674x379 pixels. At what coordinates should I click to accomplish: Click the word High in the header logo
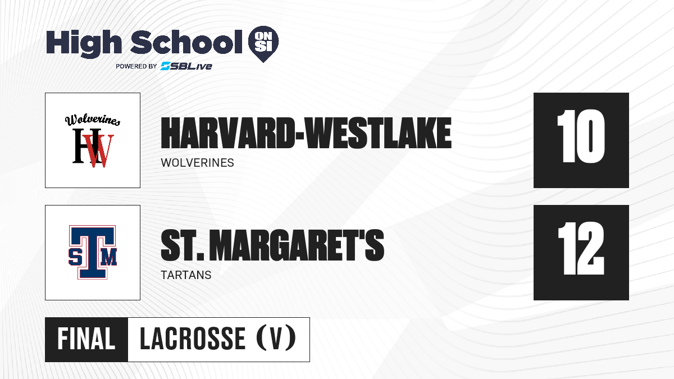coord(84,44)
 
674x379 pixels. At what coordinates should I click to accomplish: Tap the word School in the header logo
coord(186,42)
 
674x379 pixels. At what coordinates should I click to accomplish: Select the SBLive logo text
coord(186,66)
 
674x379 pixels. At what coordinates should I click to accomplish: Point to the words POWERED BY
coord(136,66)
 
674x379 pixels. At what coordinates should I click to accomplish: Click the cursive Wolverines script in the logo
coord(93,120)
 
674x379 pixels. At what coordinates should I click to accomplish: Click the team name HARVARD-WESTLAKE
coord(306,133)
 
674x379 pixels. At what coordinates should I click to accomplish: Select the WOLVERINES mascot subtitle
coord(197,163)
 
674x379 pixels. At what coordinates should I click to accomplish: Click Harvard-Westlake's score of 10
coord(581,136)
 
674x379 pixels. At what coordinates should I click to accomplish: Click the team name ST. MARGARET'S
coord(272,245)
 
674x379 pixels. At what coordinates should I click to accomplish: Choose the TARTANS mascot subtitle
coord(186,275)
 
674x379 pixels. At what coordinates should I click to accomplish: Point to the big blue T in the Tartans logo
coord(93,252)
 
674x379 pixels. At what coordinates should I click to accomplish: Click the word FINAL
coord(86,339)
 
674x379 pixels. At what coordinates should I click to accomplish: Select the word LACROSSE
coord(193,339)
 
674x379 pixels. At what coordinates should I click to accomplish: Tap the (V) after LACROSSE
coord(276,339)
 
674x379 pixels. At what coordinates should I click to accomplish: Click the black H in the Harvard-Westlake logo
coord(81,146)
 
